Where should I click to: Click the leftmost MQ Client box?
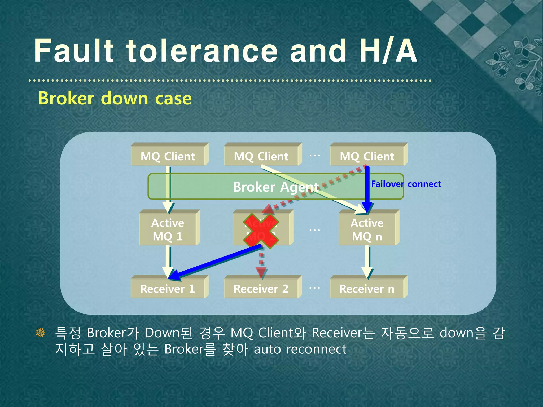tap(168, 156)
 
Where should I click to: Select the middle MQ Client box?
tap(261, 156)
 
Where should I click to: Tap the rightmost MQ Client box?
tap(367, 156)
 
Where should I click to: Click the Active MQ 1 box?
tap(168, 229)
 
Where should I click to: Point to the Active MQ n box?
tap(367, 229)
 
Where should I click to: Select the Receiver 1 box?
tap(168, 289)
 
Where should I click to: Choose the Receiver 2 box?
tap(261, 289)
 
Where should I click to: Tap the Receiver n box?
tap(367, 289)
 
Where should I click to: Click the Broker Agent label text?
tap(276, 187)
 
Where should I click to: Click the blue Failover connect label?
tap(406, 184)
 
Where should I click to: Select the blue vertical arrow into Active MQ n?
tap(367, 185)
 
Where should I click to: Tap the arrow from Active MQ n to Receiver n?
tap(367, 261)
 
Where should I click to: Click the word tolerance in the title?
tap(202, 51)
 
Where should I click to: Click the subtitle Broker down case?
tap(115, 98)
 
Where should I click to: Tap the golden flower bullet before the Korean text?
tap(40, 332)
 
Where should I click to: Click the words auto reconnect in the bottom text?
tap(300, 350)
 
